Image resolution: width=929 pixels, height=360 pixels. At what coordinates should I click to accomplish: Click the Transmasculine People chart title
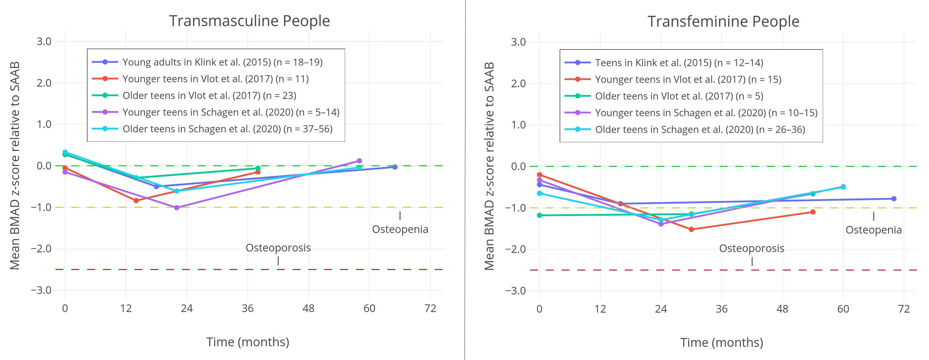coord(249,21)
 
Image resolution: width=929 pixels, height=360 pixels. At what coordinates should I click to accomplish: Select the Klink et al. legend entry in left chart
coord(222,62)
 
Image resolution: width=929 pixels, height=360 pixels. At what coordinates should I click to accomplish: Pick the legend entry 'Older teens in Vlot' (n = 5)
coord(679,96)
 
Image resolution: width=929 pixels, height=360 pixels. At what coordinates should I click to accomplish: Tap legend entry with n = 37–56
coord(227,129)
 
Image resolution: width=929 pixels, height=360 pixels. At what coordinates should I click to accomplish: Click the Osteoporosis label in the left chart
coord(278,248)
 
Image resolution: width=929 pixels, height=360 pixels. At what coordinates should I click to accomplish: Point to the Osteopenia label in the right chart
coord(873,230)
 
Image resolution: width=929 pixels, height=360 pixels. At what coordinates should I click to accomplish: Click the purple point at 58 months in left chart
coord(359,161)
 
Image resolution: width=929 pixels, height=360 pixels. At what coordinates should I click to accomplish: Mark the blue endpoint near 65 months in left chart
coord(395,167)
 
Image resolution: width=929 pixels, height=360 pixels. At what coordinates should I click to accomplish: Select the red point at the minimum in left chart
coord(136,200)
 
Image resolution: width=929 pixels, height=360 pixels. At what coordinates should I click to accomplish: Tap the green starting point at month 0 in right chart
coord(539,215)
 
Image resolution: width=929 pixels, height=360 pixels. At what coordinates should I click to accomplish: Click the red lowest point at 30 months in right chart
coord(691,229)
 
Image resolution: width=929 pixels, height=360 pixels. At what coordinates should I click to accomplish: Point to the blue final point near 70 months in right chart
coord(894,199)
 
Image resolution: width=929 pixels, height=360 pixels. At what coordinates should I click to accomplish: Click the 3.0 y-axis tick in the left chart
coord(44,42)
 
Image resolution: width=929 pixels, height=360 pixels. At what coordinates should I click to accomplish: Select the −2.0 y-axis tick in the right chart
coord(516,249)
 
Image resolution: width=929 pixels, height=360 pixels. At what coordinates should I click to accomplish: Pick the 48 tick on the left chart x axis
coord(308,308)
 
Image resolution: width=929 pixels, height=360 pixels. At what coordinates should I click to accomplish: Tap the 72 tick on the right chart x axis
coord(904,309)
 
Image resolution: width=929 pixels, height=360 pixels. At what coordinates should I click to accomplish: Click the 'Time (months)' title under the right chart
coord(722,342)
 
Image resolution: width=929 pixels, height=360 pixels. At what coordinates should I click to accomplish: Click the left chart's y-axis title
coord(15,166)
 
